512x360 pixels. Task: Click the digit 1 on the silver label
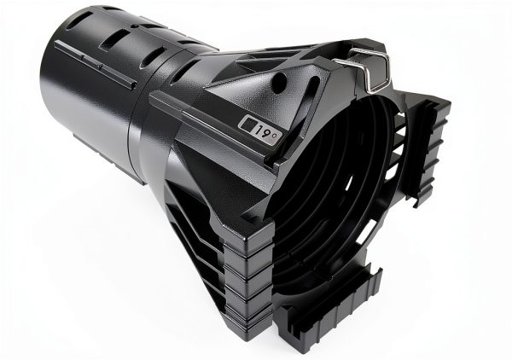[258, 131]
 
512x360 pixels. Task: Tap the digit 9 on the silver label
[265, 132]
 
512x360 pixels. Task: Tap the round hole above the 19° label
[279, 79]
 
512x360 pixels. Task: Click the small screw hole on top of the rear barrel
[134, 26]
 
